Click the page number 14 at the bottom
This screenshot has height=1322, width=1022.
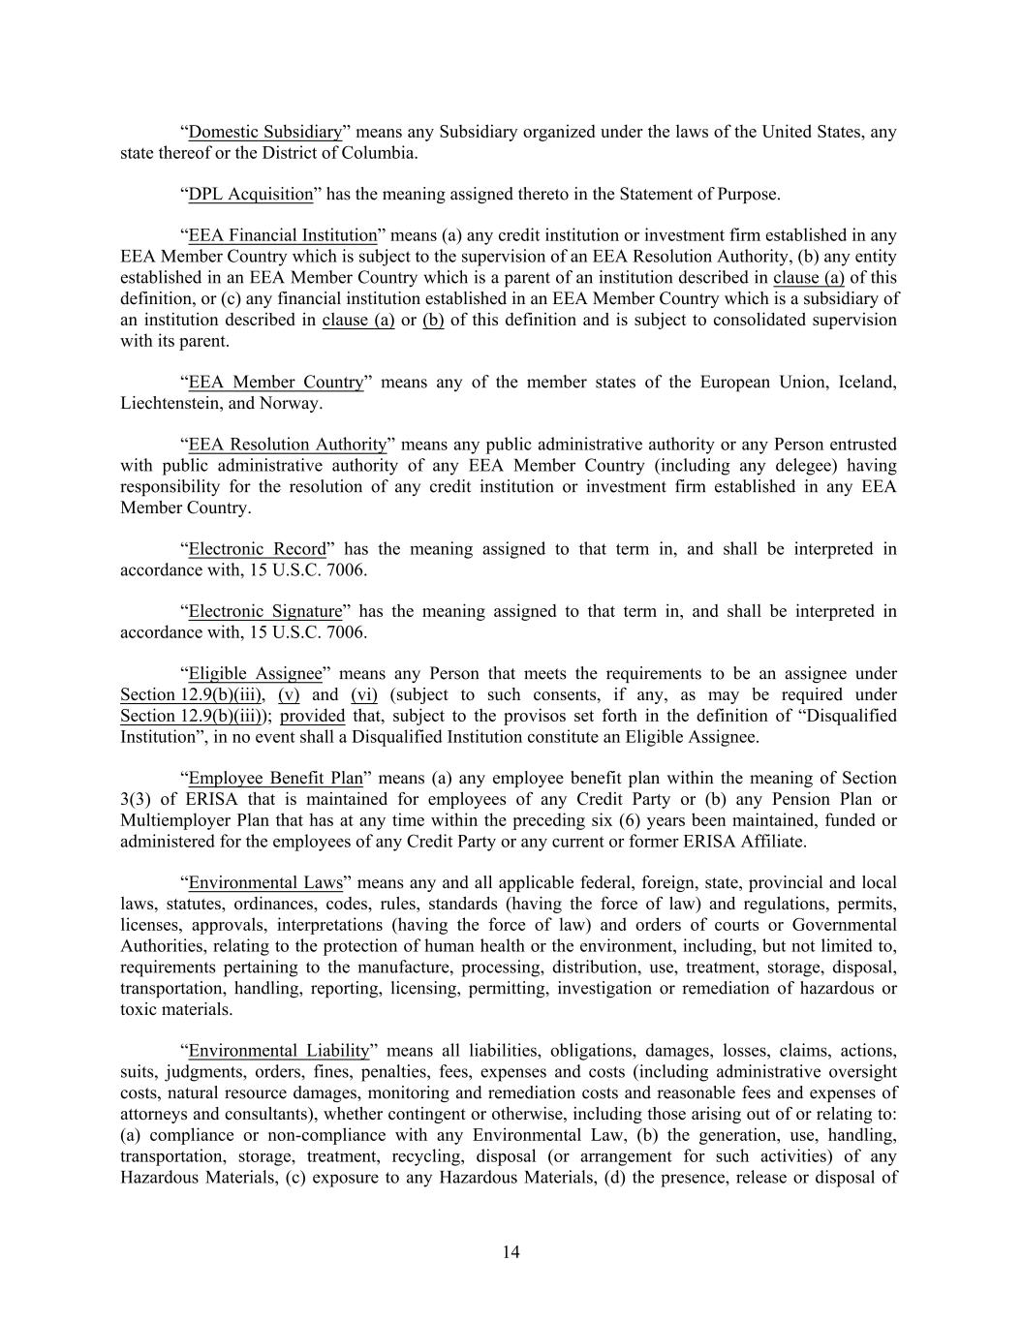(511, 1252)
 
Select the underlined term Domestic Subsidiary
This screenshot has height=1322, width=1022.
(264, 132)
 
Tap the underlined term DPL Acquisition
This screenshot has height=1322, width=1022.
(250, 194)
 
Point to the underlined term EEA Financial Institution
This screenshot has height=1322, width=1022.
(282, 235)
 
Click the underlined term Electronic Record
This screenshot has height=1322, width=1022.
(257, 549)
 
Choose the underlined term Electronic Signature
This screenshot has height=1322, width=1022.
(264, 611)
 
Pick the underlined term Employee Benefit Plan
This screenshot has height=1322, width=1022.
(275, 779)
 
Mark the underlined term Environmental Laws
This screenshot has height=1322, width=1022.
(264, 883)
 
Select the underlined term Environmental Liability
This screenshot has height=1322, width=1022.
(278, 1051)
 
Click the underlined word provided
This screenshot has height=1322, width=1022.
(312, 717)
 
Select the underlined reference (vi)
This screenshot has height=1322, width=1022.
(364, 695)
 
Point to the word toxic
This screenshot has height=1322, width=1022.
(138, 1009)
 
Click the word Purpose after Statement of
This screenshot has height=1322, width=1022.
(747, 194)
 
